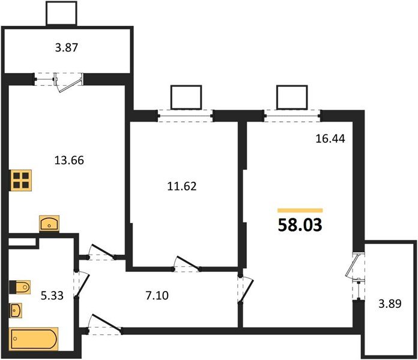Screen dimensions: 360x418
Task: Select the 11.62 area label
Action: click(181, 186)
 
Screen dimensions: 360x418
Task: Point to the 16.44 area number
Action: click(329, 139)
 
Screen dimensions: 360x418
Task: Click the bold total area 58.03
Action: click(300, 226)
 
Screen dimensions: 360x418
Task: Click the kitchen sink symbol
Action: click(49, 223)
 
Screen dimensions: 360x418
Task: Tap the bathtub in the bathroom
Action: click(34, 340)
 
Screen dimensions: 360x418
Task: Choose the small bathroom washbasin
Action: click(17, 311)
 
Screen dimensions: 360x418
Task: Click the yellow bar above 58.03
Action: click(300, 211)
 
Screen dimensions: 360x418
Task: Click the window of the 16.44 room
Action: click(291, 114)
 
